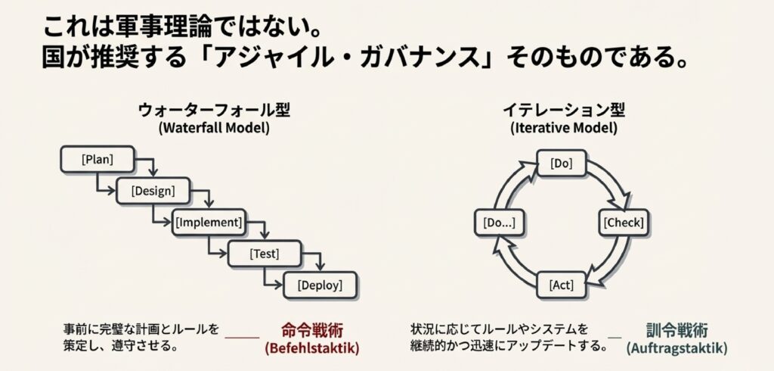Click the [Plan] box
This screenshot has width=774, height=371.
(x=97, y=159)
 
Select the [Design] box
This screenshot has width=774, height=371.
(x=153, y=191)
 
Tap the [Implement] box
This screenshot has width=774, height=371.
(x=209, y=223)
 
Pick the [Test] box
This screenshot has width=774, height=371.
(x=265, y=254)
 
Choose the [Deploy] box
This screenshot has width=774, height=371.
(x=320, y=285)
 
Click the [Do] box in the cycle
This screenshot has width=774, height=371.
(x=561, y=163)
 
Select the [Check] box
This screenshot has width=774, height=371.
(x=624, y=223)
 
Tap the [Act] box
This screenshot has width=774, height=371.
(x=561, y=285)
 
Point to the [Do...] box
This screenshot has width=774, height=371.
(x=499, y=223)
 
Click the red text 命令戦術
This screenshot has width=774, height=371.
(x=311, y=331)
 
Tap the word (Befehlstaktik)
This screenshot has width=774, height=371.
(x=311, y=349)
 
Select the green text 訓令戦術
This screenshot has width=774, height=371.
(x=676, y=331)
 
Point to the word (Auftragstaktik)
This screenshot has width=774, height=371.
(x=676, y=349)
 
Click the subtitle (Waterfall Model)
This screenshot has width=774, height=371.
(x=214, y=128)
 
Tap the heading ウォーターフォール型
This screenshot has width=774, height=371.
(x=214, y=110)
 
